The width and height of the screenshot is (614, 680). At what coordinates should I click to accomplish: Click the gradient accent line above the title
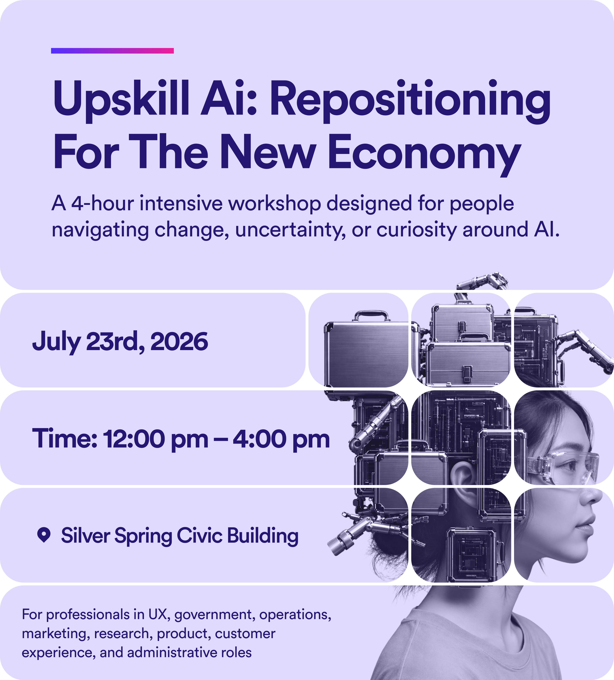[x=112, y=51]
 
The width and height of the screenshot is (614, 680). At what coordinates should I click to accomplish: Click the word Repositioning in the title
[x=410, y=101]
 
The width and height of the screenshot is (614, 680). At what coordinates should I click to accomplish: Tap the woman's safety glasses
[x=563, y=467]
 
